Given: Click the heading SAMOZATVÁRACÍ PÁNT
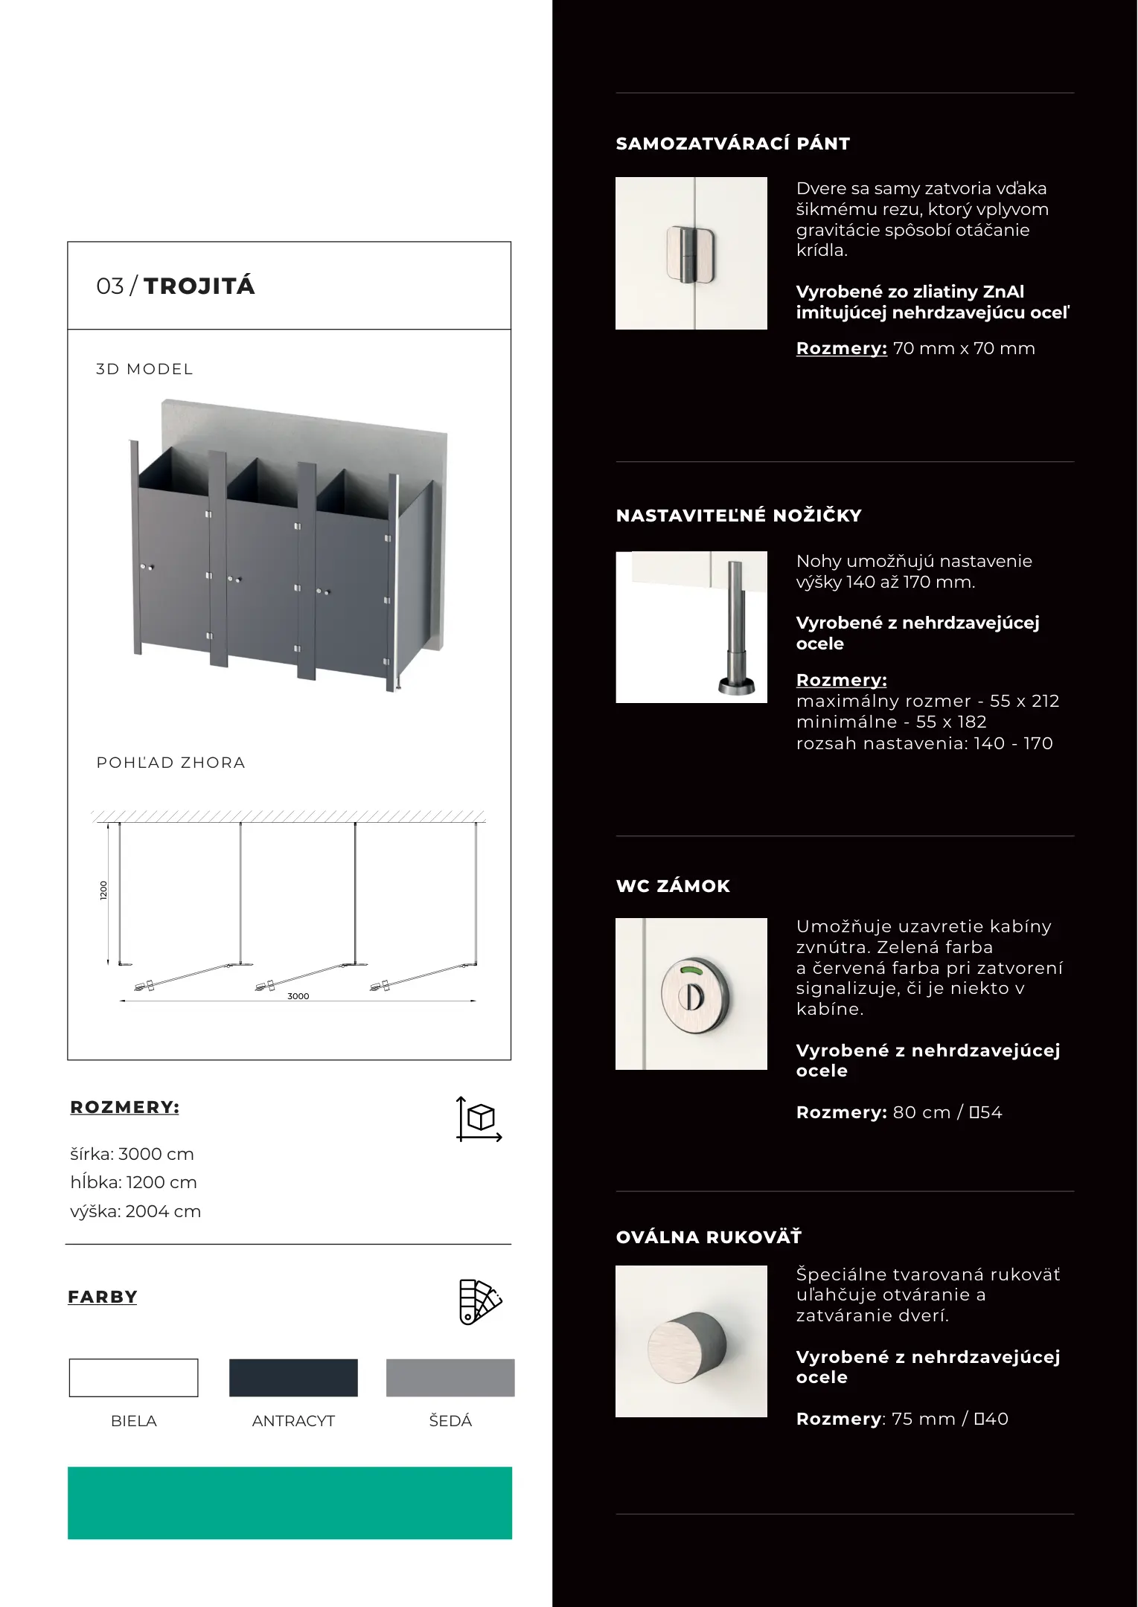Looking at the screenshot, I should [732, 144].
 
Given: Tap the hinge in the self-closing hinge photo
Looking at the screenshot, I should [691, 254].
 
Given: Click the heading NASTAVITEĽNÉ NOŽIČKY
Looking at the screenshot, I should [738, 516].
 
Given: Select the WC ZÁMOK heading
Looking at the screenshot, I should [673, 886].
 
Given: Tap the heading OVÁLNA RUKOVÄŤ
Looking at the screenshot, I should [709, 1237].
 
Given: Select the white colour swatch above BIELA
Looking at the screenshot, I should [134, 1378].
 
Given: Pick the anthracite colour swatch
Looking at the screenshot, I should [293, 1378].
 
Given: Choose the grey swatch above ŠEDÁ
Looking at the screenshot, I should [450, 1378].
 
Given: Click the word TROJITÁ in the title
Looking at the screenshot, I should [199, 286].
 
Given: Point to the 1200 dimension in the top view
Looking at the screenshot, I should [103, 891].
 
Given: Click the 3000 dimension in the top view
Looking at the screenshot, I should [298, 996].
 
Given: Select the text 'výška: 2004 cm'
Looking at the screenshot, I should [135, 1211].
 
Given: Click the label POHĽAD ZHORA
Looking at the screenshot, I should [170, 763].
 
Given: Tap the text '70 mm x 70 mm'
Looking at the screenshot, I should [964, 348].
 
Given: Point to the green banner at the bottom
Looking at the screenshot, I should [290, 1503].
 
